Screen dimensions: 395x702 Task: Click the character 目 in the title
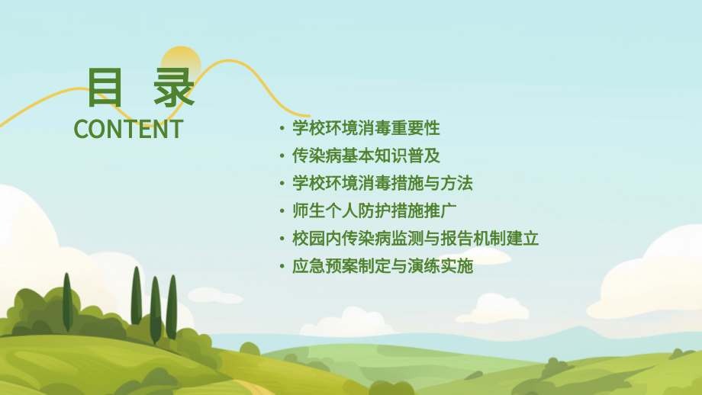click(x=106, y=88)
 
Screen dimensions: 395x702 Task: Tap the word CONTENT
click(x=128, y=129)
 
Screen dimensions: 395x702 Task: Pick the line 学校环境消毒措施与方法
click(x=382, y=183)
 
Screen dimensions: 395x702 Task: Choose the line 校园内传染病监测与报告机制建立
click(x=415, y=239)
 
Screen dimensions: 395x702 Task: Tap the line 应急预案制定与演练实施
click(x=382, y=266)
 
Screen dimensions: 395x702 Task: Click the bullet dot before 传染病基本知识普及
click(x=282, y=156)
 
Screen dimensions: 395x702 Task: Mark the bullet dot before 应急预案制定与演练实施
click(x=282, y=267)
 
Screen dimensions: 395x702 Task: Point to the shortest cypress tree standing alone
click(x=67, y=303)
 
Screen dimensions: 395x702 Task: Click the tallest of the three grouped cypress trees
click(x=137, y=297)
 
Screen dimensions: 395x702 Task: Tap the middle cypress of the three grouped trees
click(x=156, y=309)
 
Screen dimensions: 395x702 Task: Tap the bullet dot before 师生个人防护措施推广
click(x=282, y=211)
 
